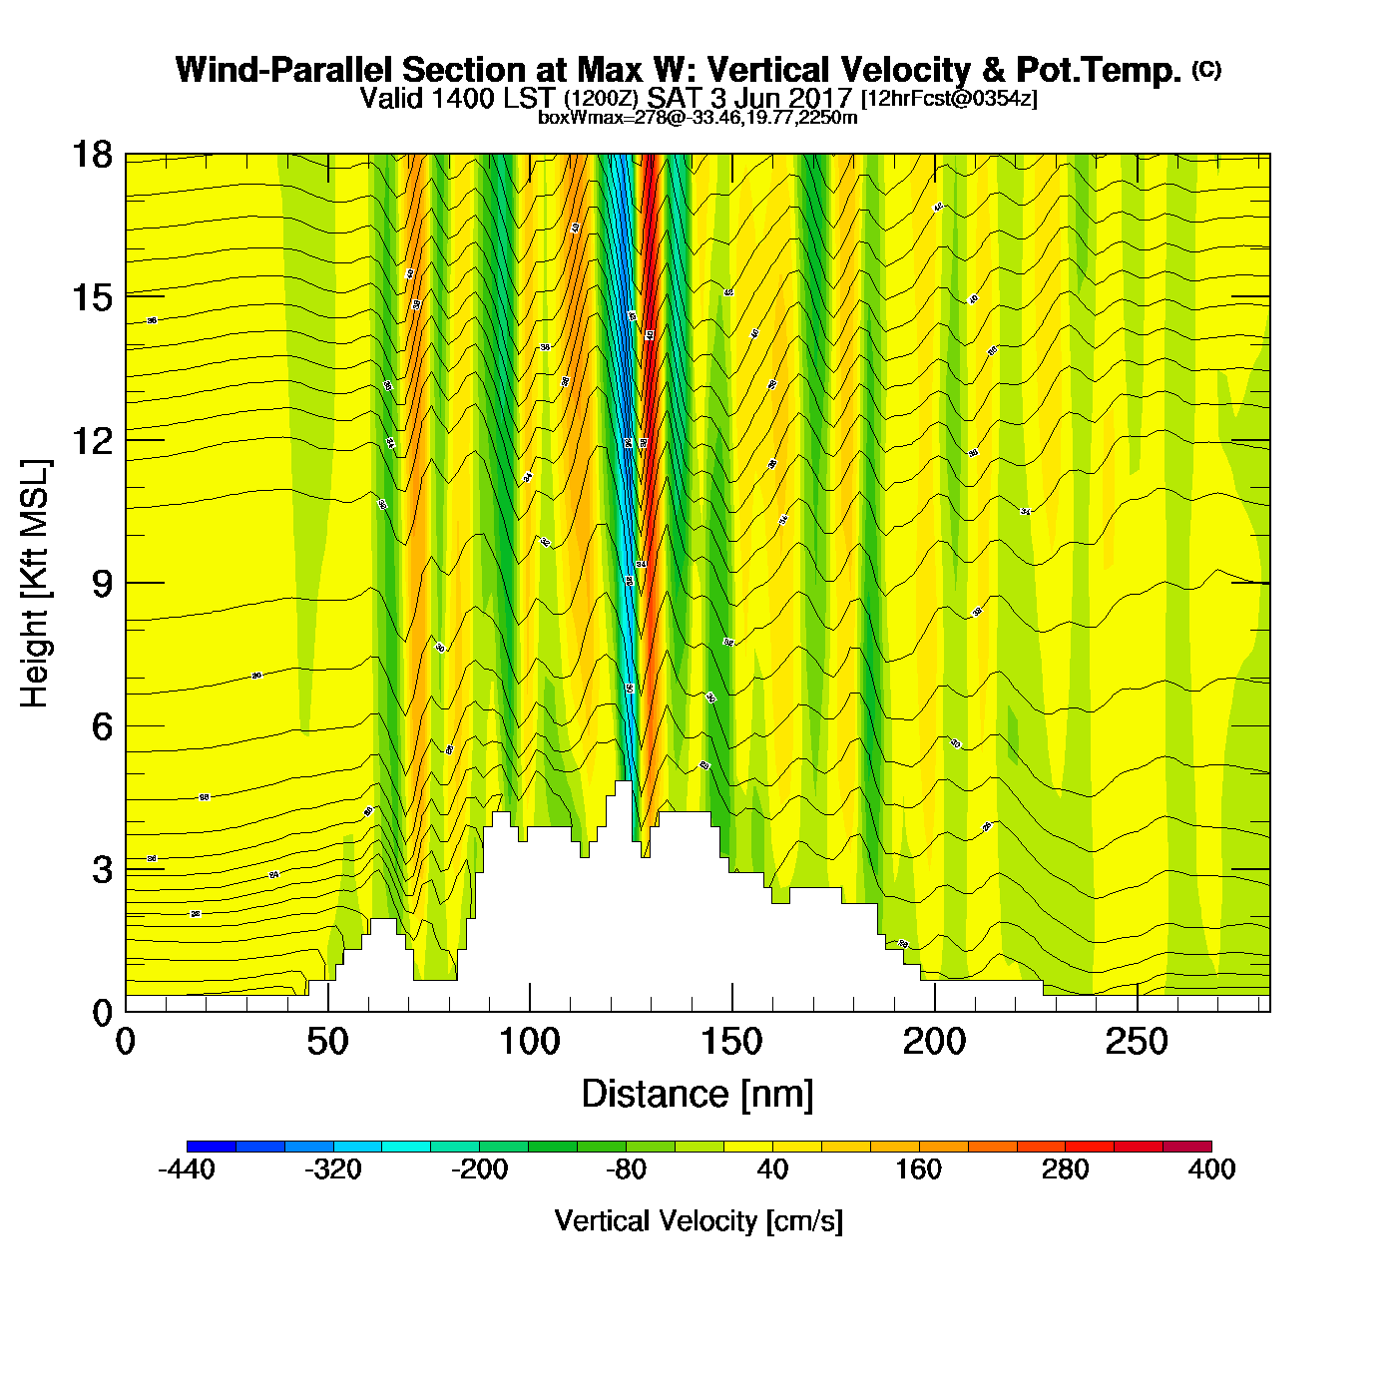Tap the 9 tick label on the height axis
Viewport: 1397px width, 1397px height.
101,584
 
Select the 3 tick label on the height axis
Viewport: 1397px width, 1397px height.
101,870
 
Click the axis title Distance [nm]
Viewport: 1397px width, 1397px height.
698,1095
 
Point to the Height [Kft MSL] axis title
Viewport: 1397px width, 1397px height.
35,584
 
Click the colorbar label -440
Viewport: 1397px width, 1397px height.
187,1170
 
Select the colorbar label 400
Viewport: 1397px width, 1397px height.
1211,1170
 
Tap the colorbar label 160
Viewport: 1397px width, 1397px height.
918,1170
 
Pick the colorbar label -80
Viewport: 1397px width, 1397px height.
626,1170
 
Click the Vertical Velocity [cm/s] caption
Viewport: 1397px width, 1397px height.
698,1221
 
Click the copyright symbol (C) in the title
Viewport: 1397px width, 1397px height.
1206,69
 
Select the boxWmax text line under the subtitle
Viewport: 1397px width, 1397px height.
698,118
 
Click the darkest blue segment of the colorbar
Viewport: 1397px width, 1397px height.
211,1147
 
